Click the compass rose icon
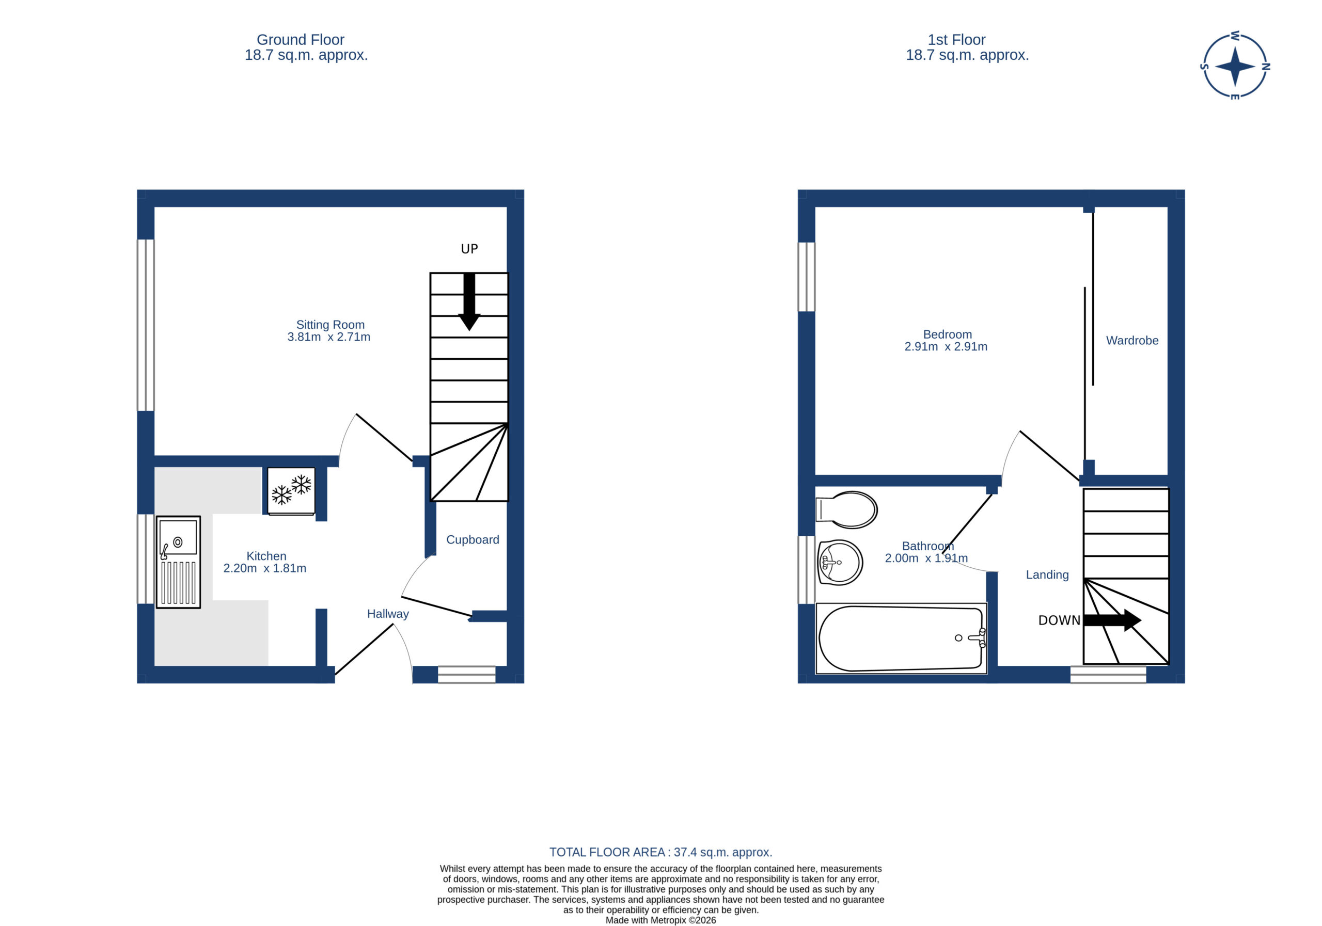click(x=1235, y=66)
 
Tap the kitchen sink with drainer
click(x=178, y=562)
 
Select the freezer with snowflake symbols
click(x=291, y=491)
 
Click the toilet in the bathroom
click(x=846, y=509)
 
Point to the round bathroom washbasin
click(x=840, y=562)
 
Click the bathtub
click(x=901, y=638)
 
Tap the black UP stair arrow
click(x=469, y=301)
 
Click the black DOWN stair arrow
click(x=1112, y=620)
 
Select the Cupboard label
click(x=473, y=540)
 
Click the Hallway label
click(x=388, y=614)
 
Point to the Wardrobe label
click(x=1132, y=341)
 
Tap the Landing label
click(x=1047, y=575)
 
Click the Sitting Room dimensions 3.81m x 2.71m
click(x=329, y=337)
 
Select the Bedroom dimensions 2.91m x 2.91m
click(x=946, y=347)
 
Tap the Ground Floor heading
click(x=301, y=40)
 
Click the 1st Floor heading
click(x=956, y=40)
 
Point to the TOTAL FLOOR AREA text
click(x=660, y=852)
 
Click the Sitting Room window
click(x=146, y=325)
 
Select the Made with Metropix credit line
click(x=660, y=920)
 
